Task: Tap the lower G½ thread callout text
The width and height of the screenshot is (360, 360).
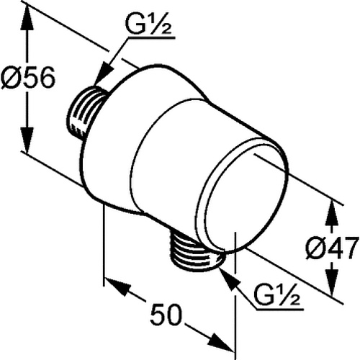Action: (x=277, y=294)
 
